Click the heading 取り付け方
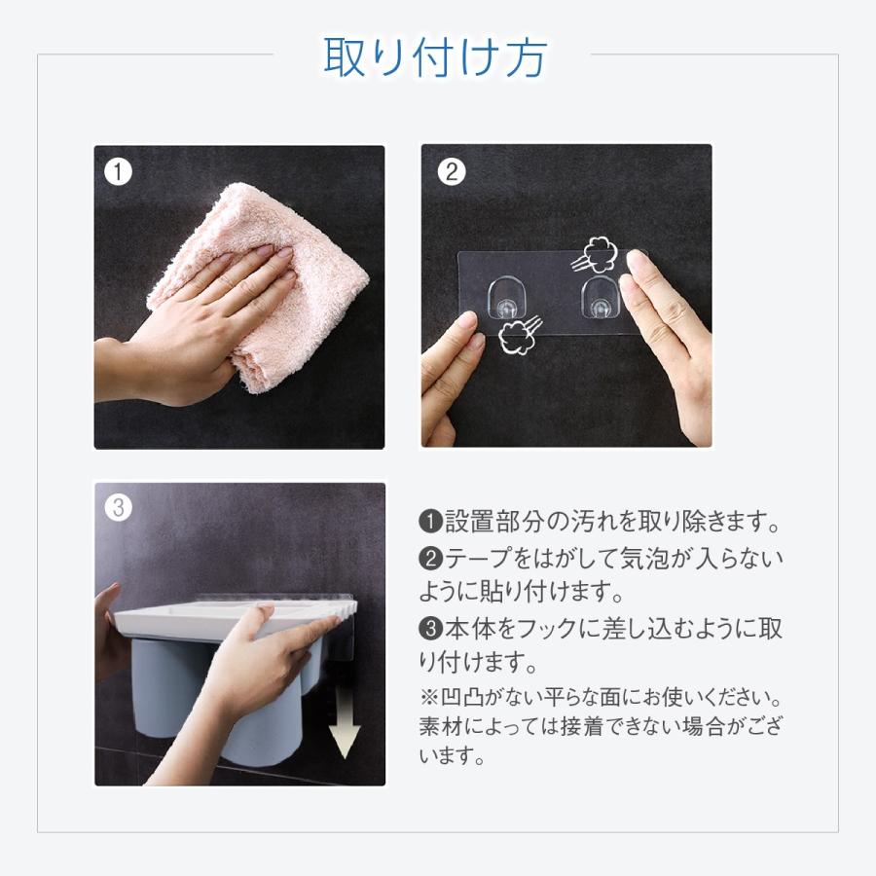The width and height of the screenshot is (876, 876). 435,57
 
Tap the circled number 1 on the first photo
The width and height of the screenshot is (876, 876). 119,171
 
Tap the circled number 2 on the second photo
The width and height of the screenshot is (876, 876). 452,171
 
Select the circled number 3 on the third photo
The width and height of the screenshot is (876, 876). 119,508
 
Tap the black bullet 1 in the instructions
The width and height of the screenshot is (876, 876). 431,522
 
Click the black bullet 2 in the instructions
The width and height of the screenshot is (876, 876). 431,558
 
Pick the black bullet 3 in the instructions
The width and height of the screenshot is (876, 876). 431,629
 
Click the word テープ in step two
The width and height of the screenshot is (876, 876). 479,558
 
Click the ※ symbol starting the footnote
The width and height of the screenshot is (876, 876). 428,697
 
